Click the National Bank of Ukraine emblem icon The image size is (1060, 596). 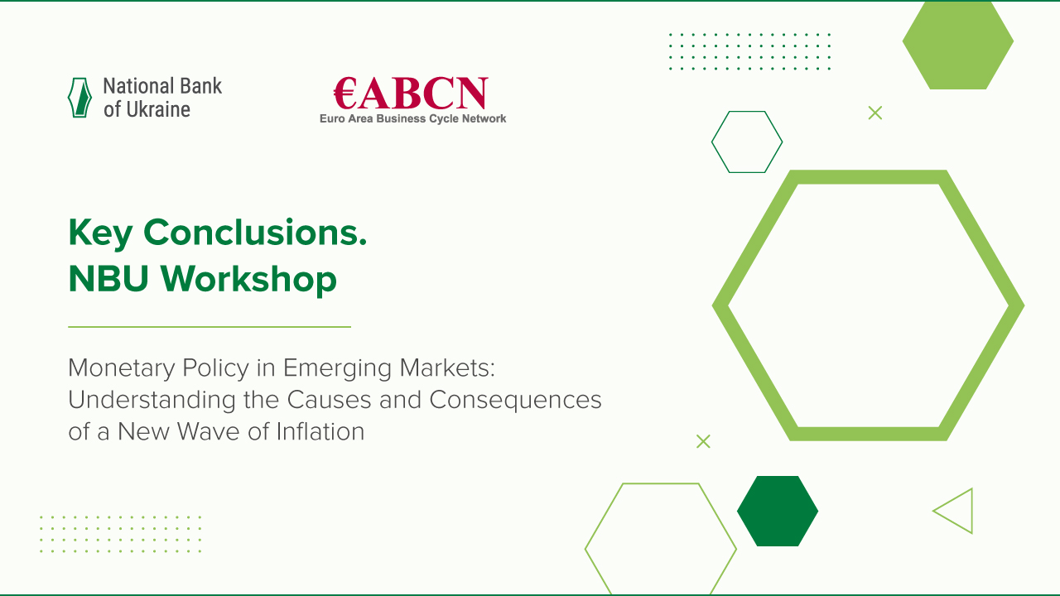click(79, 98)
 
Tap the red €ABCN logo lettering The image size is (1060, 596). click(411, 94)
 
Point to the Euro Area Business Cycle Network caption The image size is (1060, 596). click(412, 119)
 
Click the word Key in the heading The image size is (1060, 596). click(100, 233)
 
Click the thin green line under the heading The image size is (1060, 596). click(209, 327)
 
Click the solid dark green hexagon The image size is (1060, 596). click(778, 511)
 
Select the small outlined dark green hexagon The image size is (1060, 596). click(747, 142)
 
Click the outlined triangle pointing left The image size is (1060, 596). click(956, 511)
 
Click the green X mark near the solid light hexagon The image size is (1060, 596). click(875, 113)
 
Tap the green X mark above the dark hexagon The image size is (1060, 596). click(703, 441)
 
